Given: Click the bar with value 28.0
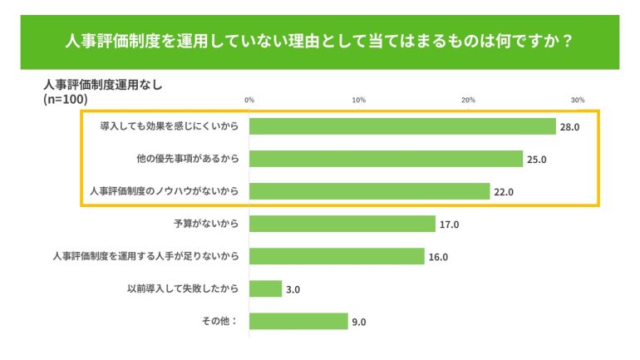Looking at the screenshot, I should click(x=402, y=126).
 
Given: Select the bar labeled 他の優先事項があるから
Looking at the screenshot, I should click(x=386, y=159).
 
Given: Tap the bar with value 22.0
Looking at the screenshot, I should click(x=369, y=191).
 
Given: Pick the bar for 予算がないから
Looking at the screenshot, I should click(x=342, y=224).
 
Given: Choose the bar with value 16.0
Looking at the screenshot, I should click(x=337, y=256).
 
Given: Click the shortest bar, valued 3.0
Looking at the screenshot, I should click(x=265, y=288).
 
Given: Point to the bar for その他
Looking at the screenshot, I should click(x=298, y=321).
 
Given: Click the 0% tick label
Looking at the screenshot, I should click(x=249, y=100).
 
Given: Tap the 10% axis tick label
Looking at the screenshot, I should click(x=359, y=100).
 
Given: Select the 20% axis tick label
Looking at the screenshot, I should click(x=469, y=100).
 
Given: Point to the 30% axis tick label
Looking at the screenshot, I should click(x=578, y=100).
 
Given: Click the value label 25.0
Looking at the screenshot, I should click(x=537, y=160).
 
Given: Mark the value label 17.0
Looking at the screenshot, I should click(x=450, y=224).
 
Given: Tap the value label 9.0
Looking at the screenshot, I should click(x=359, y=322).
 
